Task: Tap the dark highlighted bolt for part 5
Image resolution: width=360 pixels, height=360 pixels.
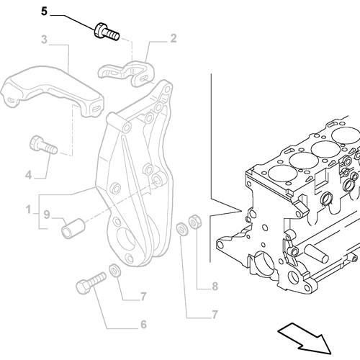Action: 104,30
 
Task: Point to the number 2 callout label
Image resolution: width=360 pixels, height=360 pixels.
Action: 173,38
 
